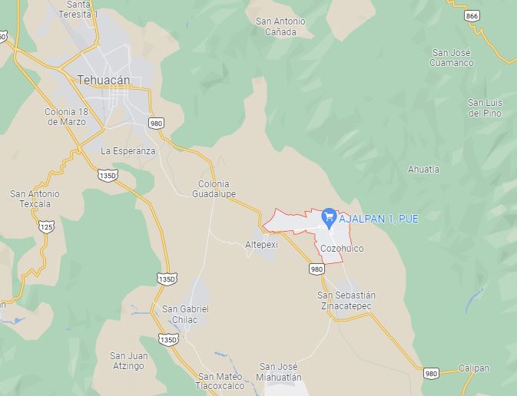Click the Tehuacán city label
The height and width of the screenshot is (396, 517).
[104, 79]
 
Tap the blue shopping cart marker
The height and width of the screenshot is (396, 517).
[327, 218]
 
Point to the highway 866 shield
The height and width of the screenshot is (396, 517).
[472, 15]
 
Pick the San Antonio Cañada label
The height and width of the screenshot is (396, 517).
[280, 26]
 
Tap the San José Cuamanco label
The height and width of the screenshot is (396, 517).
[452, 58]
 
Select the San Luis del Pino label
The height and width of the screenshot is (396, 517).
[485, 107]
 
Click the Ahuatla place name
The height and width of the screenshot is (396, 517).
[424, 169]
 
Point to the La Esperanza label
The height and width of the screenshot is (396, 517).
[128, 151]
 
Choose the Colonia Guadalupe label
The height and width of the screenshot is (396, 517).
[217, 189]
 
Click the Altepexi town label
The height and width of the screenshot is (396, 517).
[261, 244]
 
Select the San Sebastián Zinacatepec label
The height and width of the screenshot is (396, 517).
[346, 300]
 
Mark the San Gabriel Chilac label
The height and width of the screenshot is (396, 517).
[185, 314]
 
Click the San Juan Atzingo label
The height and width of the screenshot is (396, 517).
[128, 360]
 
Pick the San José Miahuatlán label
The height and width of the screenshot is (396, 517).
[280, 371]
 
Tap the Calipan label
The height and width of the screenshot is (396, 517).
[474, 368]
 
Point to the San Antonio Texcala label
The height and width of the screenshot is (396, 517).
[35, 200]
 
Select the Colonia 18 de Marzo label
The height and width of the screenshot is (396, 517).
[71, 117]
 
